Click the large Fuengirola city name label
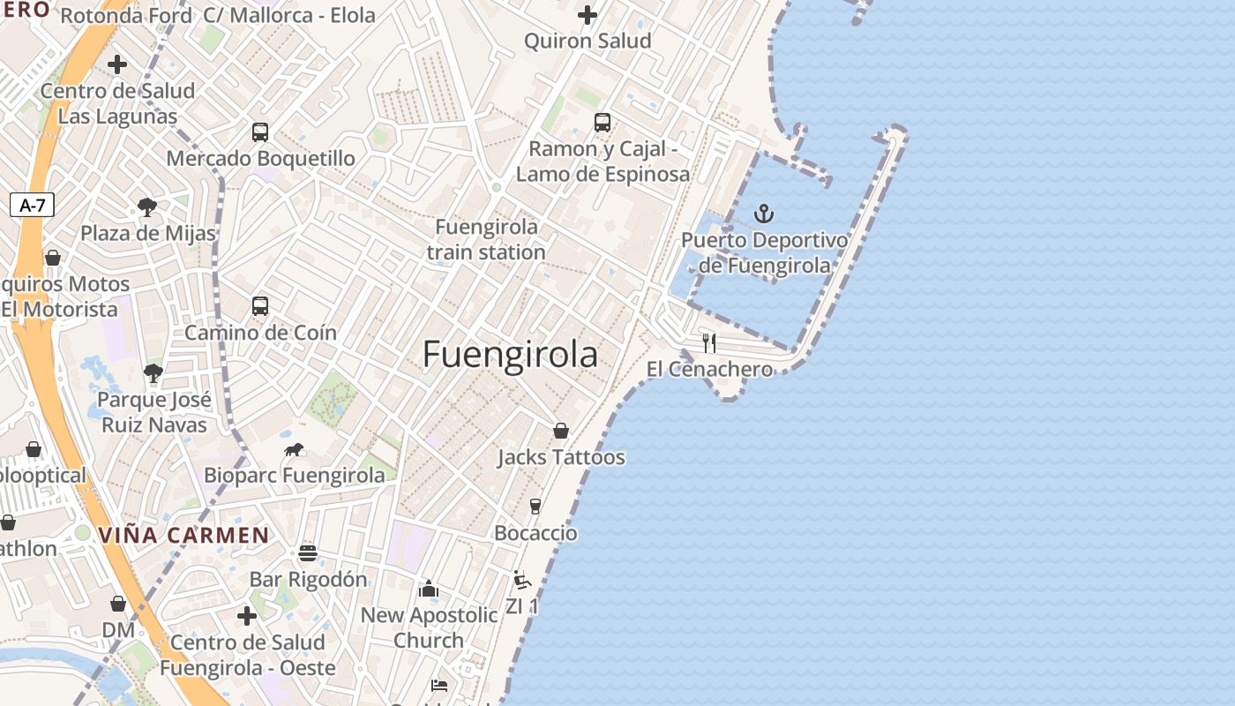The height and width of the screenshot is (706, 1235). pos(510,355)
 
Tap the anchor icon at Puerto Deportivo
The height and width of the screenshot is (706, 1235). pos(764,214)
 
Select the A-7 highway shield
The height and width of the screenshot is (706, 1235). pos(33,206)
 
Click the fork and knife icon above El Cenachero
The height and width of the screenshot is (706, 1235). pos(709,342)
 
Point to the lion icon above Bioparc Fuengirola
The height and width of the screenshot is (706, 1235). pos(294,450)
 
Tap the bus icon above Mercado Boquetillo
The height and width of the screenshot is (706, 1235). pos(259,132)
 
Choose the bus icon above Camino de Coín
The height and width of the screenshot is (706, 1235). pos(259,306)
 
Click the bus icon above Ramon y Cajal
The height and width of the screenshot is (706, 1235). pos(603,123)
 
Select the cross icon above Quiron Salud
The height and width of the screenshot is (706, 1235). pos(588,15)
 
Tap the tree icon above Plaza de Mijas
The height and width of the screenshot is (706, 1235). pos(147,207)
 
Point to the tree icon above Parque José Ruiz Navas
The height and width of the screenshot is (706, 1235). pos(153,373)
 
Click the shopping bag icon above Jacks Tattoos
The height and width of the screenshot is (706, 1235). pos(561,431)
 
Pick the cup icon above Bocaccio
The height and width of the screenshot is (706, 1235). pos(535,506)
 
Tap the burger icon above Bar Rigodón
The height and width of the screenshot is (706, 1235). pos(307,553)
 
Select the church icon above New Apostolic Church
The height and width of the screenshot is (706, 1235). pos(429,589)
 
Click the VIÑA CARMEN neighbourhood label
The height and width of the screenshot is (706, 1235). pos(183,535)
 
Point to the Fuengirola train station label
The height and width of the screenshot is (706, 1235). pos(486,239)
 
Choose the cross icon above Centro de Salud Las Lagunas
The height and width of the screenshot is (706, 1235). pos(117,64)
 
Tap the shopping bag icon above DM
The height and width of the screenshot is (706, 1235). pos(118,604)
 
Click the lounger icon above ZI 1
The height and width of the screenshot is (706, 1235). pos(521,580)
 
